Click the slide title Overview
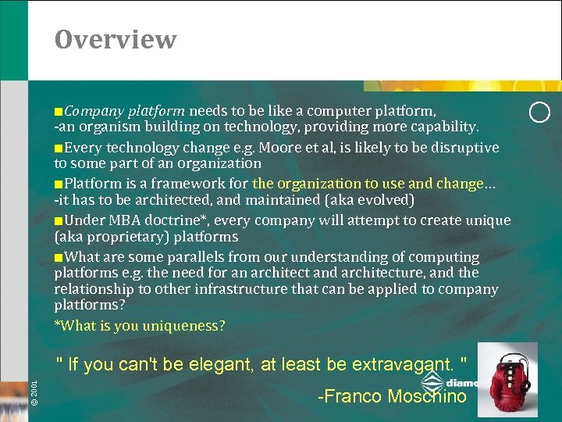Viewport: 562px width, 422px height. click(116, 39)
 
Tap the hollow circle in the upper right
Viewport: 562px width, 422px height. click(539, 113)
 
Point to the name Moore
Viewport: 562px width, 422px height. click(279, 148)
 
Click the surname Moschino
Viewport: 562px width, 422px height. click(427, 396)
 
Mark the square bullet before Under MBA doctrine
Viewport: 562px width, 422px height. click(59, 221)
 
